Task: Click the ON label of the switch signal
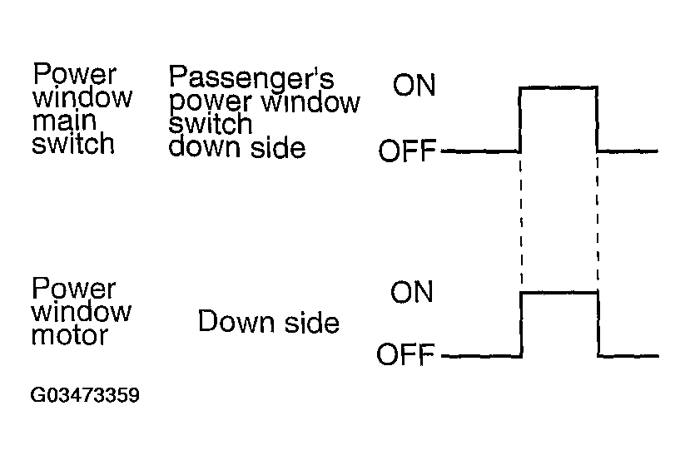click(x=414, y=86)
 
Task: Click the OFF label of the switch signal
click(x=407, y=152)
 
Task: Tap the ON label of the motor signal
click(x=411, y=293)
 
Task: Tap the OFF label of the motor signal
click(x=406, y=356)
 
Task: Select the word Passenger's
click(x=251, y=78)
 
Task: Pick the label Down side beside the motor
click(x=268, y=322)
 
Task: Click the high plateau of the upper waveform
click(x=558, y=86)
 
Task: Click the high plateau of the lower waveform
click(x=559, y=292)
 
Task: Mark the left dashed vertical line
click(x=521, y=220)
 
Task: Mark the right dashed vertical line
click(x=598, y=220)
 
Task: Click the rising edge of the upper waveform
click(x=520, y=119)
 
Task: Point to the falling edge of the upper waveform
click(x=598, y=119)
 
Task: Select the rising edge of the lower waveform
click(x=521, y=324)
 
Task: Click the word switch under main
click(x=72, y=143)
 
